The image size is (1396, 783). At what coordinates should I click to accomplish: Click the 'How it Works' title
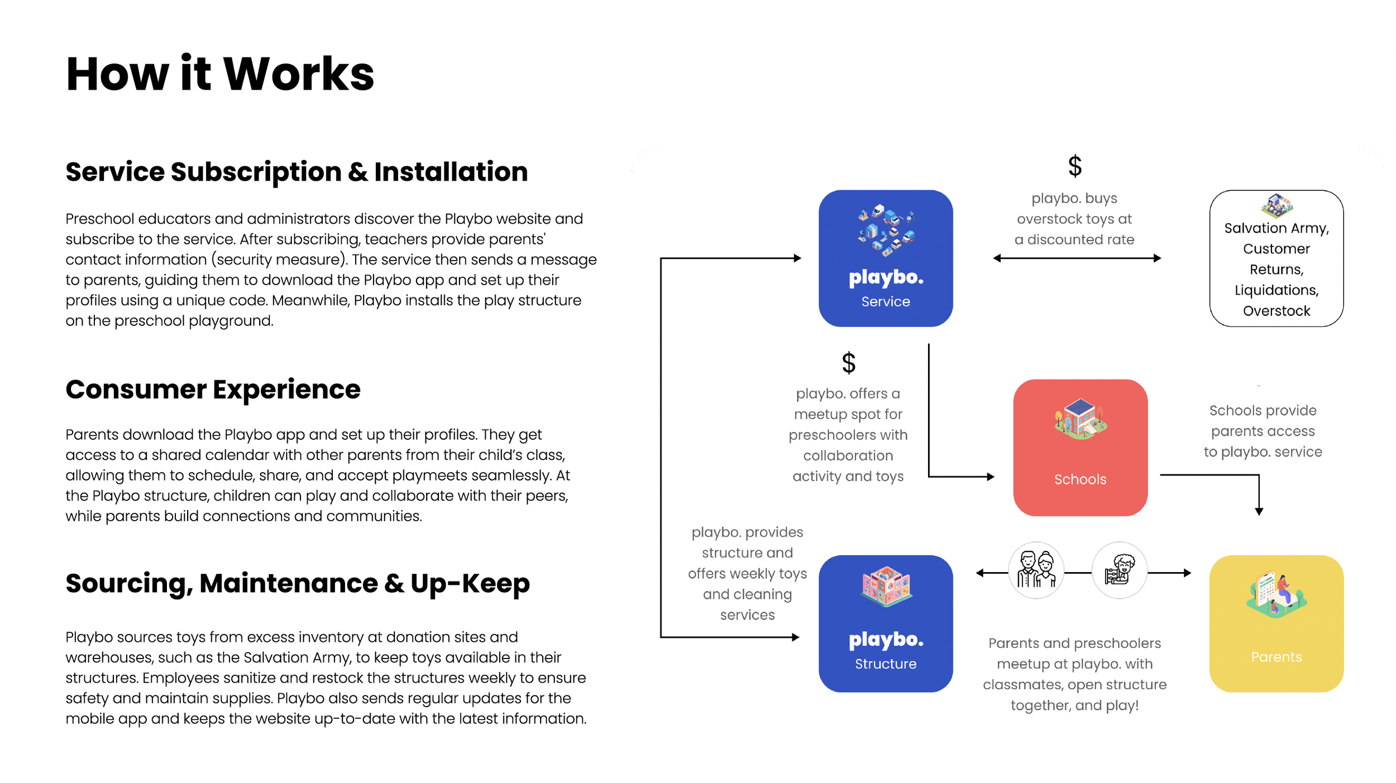(220, 74)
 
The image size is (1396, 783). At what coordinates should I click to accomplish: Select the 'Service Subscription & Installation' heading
(297, 172)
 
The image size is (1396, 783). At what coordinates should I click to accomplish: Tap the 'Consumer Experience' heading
(213, 390)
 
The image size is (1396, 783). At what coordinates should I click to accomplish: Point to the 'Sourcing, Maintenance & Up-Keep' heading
(297, 584)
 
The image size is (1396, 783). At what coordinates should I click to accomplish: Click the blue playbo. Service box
(886, 258)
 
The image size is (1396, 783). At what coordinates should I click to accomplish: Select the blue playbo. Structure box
(886, 624)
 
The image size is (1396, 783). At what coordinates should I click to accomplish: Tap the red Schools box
(1080, 448)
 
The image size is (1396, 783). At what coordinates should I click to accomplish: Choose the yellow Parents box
(1276, 624)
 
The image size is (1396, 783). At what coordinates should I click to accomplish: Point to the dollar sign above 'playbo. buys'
(1074, 166)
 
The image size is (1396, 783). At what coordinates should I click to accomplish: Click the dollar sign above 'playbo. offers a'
(848, 363)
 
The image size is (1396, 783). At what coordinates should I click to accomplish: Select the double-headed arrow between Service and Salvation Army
(1077, 258)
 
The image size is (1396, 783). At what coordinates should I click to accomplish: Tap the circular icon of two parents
(1036, 570)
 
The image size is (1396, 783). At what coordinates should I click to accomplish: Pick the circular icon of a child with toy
(1119, 570)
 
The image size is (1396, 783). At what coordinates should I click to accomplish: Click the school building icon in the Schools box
(1080, 420)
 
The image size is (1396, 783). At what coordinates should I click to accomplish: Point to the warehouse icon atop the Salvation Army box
(1276, 205)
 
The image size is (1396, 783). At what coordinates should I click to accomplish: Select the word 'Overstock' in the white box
(1276, 311)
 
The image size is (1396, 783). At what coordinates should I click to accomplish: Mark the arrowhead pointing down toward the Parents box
(1259, 511)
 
